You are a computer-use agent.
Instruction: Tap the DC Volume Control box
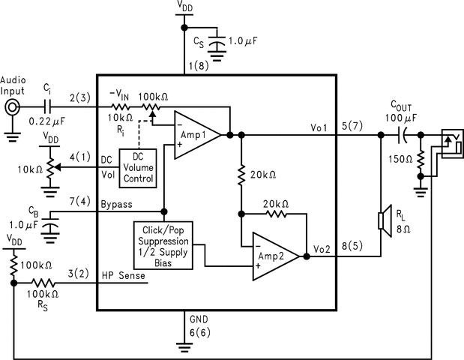[x=137, y=167]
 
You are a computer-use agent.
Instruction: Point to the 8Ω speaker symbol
[x=385, y=220]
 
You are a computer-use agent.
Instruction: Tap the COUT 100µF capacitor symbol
[x=403, y=136]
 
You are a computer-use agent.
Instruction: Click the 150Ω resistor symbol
[x=421, y=159]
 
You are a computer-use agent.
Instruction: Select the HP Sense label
[x=124, y=275]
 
